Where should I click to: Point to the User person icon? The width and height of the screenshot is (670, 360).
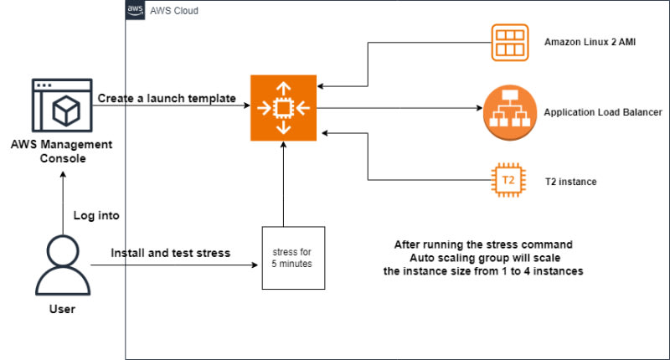pyautogui.click(x=62, y=264)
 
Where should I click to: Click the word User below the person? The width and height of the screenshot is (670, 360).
pyautogui.click(x=62, y=310)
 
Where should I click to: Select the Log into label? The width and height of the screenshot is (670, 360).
pyautogui.click(x=96, y=215)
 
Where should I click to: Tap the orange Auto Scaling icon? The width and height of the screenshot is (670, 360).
pyautogui.click(x=284, y=106)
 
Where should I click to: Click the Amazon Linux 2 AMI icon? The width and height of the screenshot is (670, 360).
pyautogui.click(x=508, y=40)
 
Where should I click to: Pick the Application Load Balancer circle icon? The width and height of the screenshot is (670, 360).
pyautogui.click(x=508, y=111)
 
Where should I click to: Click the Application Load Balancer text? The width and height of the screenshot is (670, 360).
pyautogui.click(x=603, y=111)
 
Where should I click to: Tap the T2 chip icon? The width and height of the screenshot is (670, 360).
pyautogui.click(x=508, y=180)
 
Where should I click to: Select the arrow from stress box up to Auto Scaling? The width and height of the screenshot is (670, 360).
pyautogui.click(x=285, y=184)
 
